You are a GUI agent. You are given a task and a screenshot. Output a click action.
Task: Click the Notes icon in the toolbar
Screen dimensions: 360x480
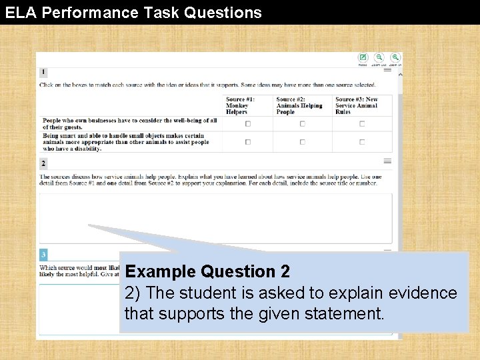[363, 58]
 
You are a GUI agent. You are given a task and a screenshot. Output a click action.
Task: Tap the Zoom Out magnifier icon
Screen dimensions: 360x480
[379, 58]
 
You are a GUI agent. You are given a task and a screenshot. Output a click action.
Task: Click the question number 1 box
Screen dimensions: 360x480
[43, 72]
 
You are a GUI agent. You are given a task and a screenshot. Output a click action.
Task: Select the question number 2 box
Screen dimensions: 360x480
[43, 163]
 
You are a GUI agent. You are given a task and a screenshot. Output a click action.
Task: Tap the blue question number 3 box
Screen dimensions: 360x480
[43, 255]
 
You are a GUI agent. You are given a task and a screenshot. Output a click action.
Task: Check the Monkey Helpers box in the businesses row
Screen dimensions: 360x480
[248, 123]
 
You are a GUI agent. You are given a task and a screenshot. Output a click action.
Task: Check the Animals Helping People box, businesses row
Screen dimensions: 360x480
[302, 123]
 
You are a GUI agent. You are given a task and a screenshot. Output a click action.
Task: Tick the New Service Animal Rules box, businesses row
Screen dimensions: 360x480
[362, 123]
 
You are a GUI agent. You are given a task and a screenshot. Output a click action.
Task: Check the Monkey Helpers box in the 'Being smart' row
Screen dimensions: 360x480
[248, 141]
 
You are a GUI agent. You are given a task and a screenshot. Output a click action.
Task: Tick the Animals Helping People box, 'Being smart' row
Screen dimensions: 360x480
[302, 141]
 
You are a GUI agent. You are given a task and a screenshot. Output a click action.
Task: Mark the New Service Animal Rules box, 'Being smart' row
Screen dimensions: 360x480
[362, 141]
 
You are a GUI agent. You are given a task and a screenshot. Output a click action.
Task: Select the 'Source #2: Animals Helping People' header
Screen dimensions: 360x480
[299, 105]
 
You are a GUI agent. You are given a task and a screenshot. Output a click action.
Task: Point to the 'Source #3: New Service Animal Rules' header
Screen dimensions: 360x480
[357, 105]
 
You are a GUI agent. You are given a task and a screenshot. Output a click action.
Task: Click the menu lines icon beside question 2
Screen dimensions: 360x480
[387, 161]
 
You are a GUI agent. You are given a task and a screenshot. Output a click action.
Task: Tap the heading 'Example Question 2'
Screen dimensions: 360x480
[207, 271]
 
